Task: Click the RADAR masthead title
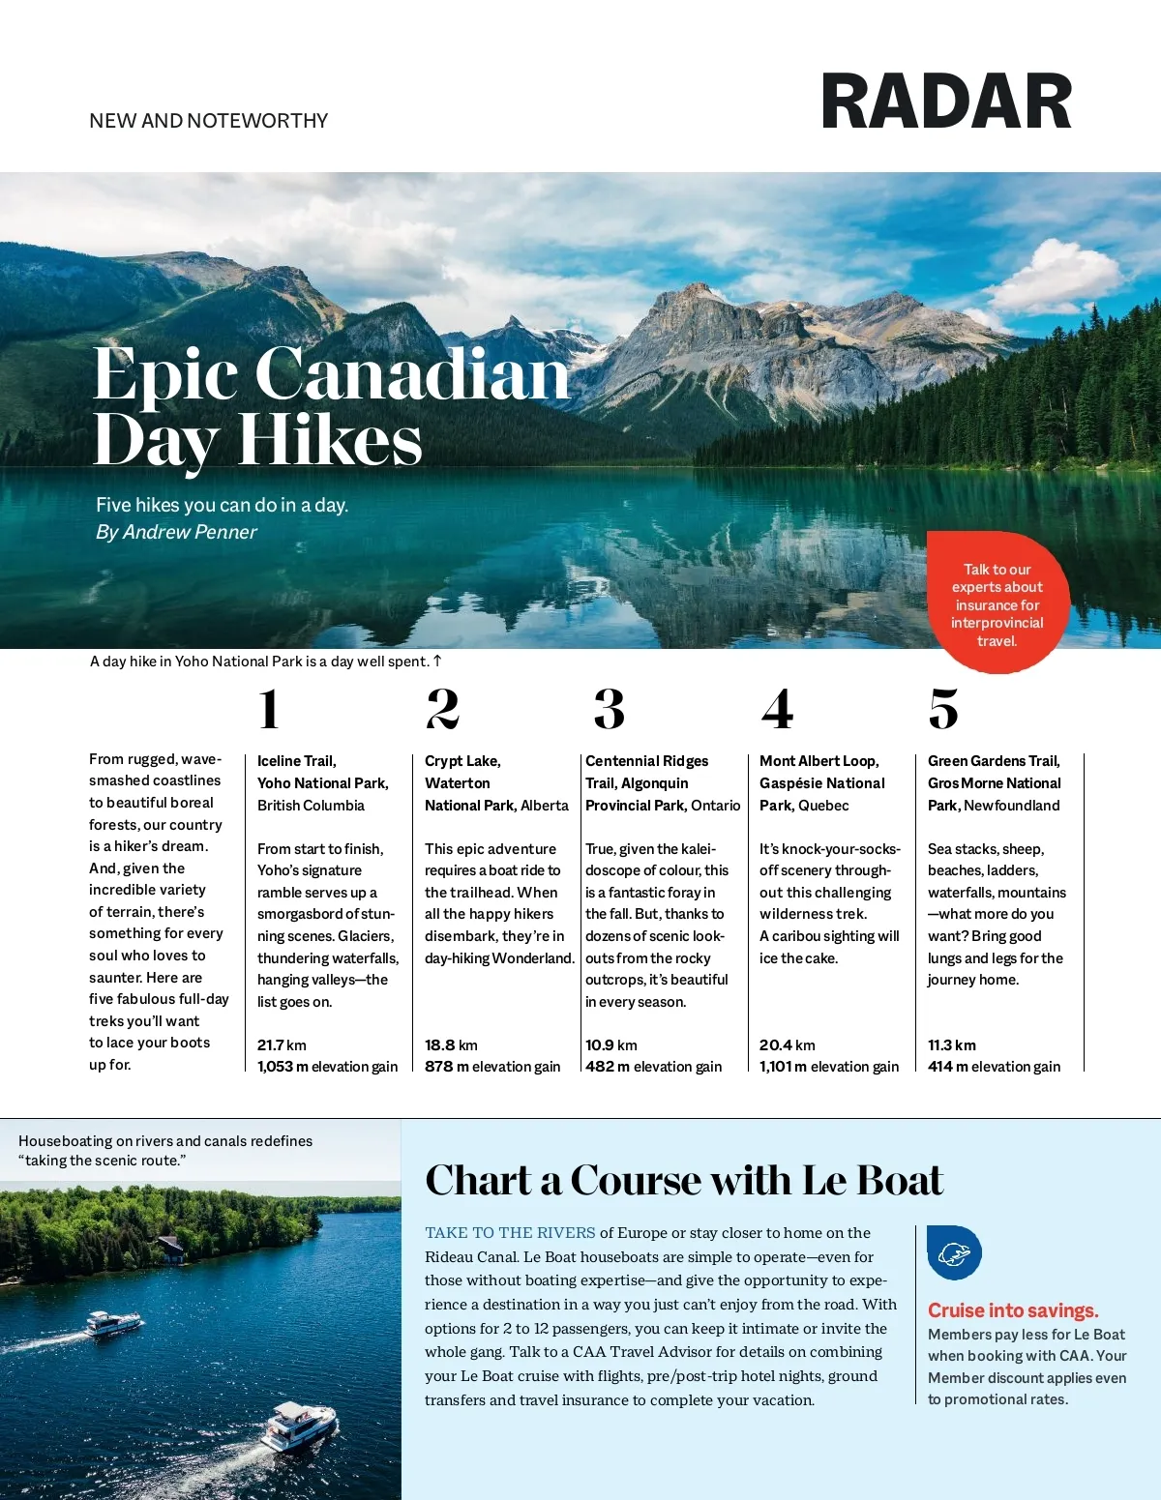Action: pyautogui.click(x=945, y=103)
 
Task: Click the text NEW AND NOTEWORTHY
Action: pyautogui.click(x=208, y=121)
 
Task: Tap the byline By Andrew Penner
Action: pyautogui.click(x=176, y=532)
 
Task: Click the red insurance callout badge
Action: pyautogui.click(x=997, y=603)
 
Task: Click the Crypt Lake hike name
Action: pyautogui.click(x=462, y=761)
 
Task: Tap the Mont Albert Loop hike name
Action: pyautogui.click(x=819, y=761)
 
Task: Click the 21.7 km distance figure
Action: pyautogui.click(x=282, y=1045)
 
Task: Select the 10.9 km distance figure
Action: pyautogui.click(x=611, y=1045)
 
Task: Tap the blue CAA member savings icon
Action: pyautogui.click(x=954, y=1253)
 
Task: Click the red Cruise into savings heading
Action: pyautogui.click(x=1013, y=1310)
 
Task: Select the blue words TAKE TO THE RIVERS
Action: pyautogui.click(x=510, y=1233)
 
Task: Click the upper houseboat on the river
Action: pyautogui.click(x=114, y=1322)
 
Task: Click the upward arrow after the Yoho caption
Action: pyautogui.click(x=437, y=661)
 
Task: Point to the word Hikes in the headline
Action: pyautogui.click(x=330, y=441)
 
